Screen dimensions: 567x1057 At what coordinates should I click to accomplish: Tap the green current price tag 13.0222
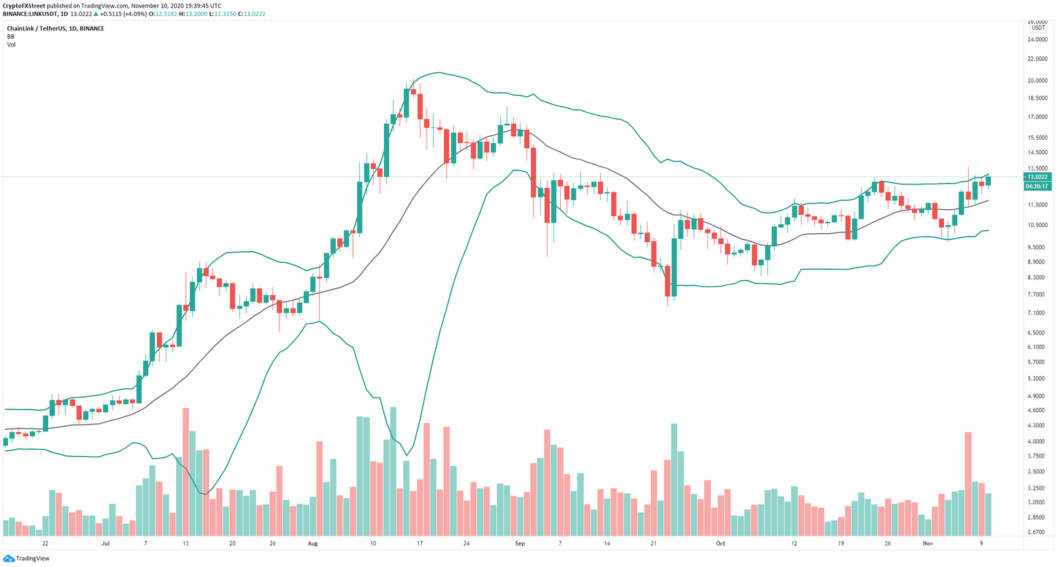tap(1036, 177)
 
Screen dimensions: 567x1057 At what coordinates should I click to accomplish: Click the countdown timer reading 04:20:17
tap(1036, 186)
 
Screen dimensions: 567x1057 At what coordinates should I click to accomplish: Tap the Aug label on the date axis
tap(313, 543)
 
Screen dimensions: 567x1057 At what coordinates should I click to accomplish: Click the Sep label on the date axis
tap(520, 543)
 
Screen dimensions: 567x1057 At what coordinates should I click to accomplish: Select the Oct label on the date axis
tap(720, 543)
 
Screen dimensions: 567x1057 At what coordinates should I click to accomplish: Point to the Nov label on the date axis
tap(928, 543)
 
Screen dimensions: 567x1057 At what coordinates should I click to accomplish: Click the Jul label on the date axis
tap(105, 543)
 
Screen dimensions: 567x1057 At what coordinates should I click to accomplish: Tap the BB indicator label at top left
tap(10, 36)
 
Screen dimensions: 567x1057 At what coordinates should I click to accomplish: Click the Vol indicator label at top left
tap(11, 45)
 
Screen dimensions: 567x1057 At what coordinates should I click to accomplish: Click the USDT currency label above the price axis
tap(1038, 28)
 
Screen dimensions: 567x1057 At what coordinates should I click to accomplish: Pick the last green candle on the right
tap(989, 181)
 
